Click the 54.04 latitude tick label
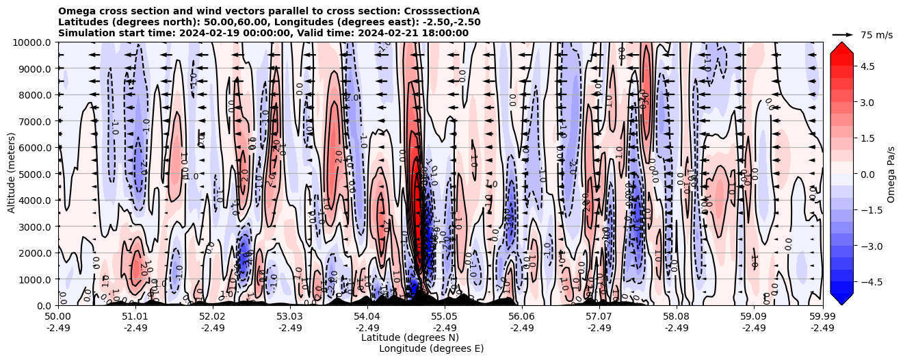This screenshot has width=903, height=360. pos(367,317)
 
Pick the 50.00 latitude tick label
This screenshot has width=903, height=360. pos(58,317)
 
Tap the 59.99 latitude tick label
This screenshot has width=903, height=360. pos(822,317)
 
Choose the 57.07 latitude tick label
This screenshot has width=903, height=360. pos(599,317)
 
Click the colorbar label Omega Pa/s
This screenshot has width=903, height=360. pos(891,174)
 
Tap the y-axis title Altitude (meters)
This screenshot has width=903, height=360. pos(12,174)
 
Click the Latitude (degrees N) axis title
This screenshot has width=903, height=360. pos(410,337)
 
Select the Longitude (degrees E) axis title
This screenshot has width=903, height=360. pos(431,348)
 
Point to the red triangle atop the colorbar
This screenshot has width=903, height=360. pos(841,47)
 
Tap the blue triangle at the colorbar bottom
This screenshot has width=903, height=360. pos(841,298)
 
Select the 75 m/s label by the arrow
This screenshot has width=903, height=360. pos(876,34)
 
